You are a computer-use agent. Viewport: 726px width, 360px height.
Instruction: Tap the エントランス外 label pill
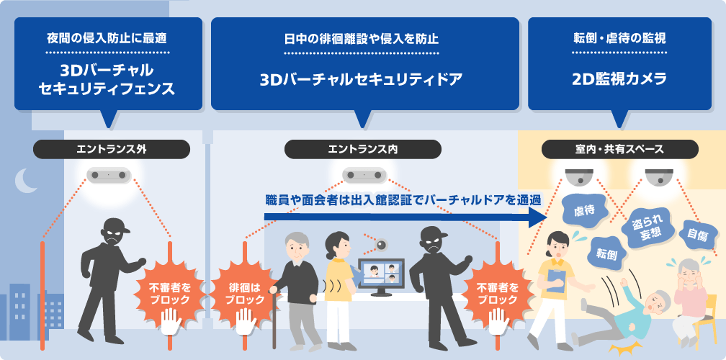pyautogui.click(x=112, y=149)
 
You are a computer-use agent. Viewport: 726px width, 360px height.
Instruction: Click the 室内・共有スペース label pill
pyautogui.click(x=619, y=149)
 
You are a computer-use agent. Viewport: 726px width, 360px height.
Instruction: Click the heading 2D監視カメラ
pyautogui.click(x=619, y=78)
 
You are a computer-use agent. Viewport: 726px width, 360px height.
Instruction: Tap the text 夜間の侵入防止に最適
pyautogui.click(x=107, y=36)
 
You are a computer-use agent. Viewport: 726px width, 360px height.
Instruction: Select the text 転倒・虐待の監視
pyautogui.click(x=619, y=36)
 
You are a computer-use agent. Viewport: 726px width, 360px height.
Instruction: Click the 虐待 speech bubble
pyautogui.click(x=583, y=212)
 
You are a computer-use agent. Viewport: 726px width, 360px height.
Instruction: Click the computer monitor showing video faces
pyautogui.click(x=381, y=277)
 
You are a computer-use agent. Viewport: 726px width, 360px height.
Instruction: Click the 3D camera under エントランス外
pyautogui.click(x=107, y=175)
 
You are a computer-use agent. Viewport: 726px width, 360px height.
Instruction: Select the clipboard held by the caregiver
pyautogui.click(x=555, y=281)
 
